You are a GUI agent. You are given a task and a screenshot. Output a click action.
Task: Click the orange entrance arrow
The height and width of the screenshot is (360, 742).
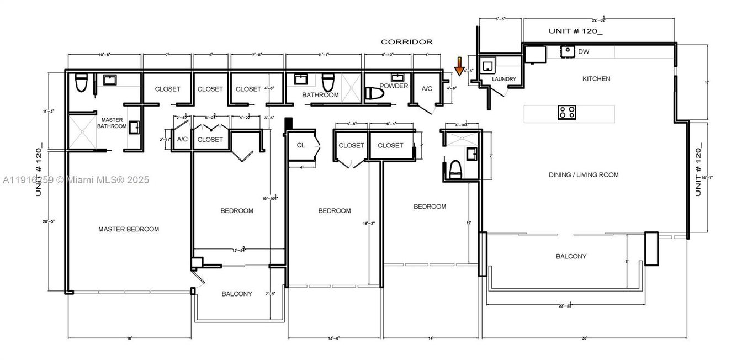click(x=459, y=66)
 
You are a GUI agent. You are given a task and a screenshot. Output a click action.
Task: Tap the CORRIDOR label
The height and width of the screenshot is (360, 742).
click(x=407, y=41)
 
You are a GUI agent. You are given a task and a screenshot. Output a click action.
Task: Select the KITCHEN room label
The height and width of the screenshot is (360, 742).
click(x=596, y=79)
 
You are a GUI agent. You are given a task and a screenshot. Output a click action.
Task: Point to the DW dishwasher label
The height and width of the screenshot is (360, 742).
click(x=583, y=51)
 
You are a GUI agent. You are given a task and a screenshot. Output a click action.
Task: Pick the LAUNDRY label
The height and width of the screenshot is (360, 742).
click(x=504, y=80)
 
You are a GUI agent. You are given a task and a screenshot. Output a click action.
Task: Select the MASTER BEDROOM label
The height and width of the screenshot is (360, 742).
click(x=129, y=229)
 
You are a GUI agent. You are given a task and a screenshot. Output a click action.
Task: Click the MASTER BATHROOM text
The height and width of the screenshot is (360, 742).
click(x=112, y=123)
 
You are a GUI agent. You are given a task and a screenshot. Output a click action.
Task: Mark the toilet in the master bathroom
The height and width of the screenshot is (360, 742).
click(x=81, y=83)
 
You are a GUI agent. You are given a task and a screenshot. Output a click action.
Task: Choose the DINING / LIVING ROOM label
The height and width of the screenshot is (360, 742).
click(x=584, y=175)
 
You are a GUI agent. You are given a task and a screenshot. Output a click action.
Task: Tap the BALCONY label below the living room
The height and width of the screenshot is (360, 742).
click(x=571, y=256)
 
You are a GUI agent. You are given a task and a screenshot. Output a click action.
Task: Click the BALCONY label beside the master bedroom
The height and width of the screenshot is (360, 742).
click(x=237, y=294)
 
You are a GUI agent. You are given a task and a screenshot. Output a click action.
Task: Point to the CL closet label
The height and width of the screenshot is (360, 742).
click(x=300, y=146)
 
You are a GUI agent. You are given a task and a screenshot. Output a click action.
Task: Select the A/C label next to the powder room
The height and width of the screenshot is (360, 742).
click(x=427, y=89)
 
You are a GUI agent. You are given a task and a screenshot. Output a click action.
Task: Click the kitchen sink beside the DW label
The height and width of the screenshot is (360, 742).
click(x=567, y=51)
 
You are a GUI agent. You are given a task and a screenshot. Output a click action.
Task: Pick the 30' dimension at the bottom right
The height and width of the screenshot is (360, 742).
click(x=584, y=338)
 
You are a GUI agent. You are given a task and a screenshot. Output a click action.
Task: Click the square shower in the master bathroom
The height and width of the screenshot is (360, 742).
click(x=82, y=131)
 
